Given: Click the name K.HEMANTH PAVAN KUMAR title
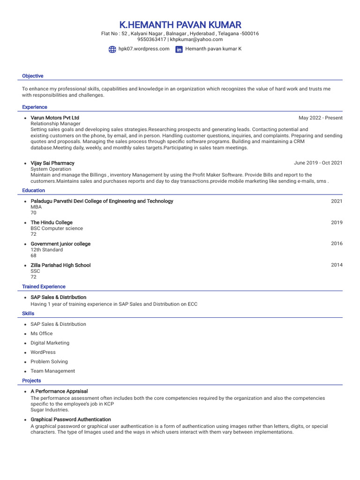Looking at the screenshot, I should pyautogui.click(x=180, y=25).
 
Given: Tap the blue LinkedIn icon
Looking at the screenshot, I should pyautogui.click(x=179, y=49).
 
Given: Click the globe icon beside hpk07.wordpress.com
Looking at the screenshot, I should pyautogui.click(x=112, y=49).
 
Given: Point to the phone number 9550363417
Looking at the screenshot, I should pyautogui.click(x=151, y=40).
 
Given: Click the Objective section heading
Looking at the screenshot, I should pyautogui.click(x=33, y=76).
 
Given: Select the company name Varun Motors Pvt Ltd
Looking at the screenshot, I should pyautogui.click(x=55, y=118).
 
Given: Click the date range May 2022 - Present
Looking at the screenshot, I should pyautogui.click(x=320, y=118).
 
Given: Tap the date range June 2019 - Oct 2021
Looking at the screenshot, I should pyautogui.click(x=318, y=163).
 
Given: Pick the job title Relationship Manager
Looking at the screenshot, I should pyautogui.click(x=55, y=124).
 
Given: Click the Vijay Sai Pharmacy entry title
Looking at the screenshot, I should pyautogui.click(x=52, y=163).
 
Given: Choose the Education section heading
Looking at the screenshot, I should pyautogui.click(x=34, y=190).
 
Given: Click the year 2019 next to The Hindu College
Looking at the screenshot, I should pyautogui.click(x=337, y=223).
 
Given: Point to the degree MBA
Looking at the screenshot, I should pyautogui.click(x=36, y=207).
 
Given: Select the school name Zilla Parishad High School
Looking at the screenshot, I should pyautogui.click(x=60, y=265).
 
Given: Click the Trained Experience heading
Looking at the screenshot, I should pyautogui.click(x=44, y=286).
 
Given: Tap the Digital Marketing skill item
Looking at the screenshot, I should pyautogui.click(x=50, y=343).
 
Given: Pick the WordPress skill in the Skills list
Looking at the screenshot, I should pyautogui.click(x=43, y=352).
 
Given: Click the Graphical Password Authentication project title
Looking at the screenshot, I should pyautogui.click(x=71, y=420).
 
